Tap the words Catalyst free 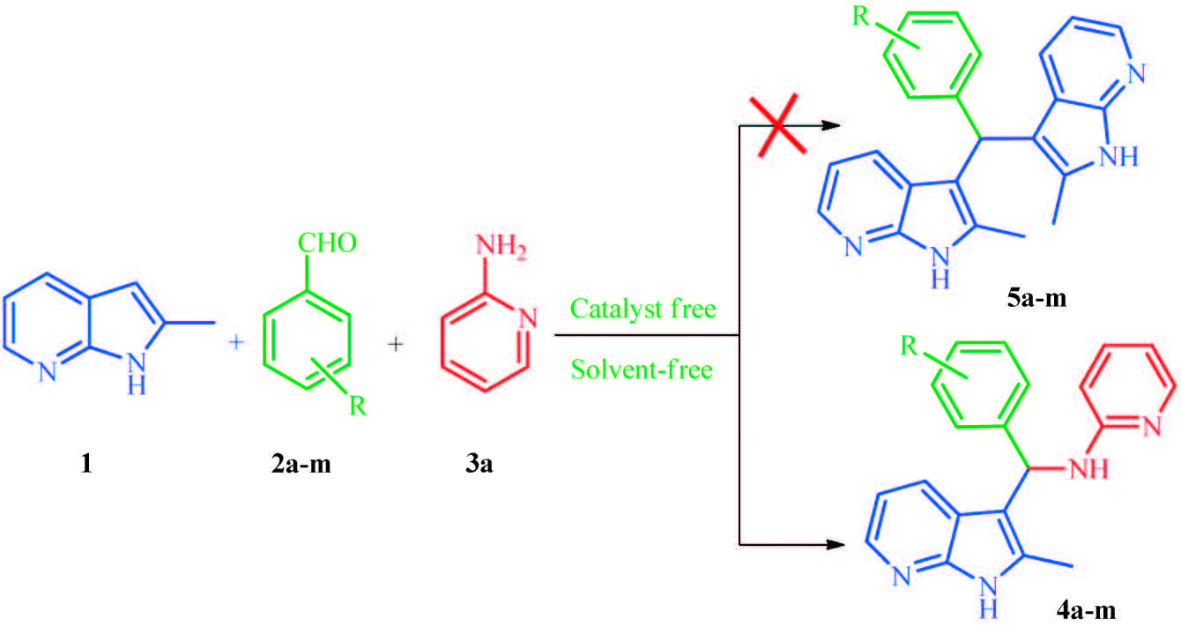(642, 310)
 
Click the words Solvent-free (642, 368)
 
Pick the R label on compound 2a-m (357, 407)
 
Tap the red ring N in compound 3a (526, 318)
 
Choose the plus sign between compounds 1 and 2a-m (235, 345)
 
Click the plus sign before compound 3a (395, 345)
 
